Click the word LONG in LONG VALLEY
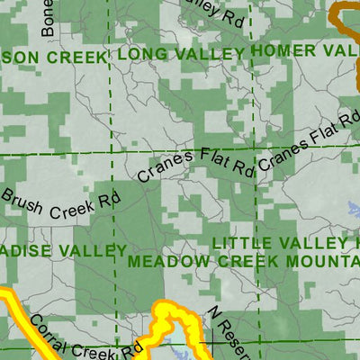point(138,55)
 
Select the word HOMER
point(279,50)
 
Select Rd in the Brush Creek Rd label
point(109,199)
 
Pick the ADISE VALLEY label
point(63,249)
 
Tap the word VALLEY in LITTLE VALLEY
point(310,243)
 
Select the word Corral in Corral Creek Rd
point(49,330)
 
